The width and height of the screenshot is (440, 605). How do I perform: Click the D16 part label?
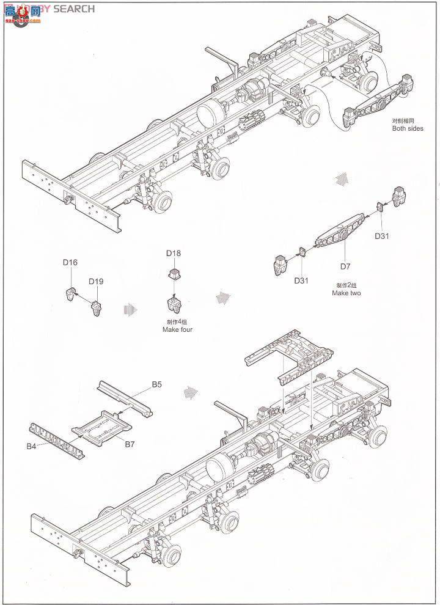70,262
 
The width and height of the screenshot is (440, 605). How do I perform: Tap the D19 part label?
96,282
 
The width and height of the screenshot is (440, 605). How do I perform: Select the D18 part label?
173,253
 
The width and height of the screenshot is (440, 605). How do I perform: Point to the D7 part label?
346,266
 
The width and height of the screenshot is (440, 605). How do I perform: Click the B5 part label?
157,384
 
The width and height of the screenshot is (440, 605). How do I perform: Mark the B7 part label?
130,444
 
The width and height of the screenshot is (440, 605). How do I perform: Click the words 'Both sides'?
408,129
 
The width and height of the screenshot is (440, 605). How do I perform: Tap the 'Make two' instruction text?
346,293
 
